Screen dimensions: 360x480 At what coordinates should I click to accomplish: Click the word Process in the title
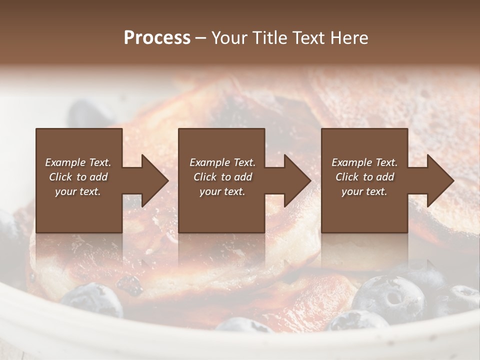click(157, 37)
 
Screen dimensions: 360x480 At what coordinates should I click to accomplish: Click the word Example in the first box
click(65, 162)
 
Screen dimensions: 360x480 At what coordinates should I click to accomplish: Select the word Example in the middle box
click(209, 162)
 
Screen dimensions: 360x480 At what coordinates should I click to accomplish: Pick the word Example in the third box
click(351, 162)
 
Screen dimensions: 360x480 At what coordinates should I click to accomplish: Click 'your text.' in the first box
click(78, 191)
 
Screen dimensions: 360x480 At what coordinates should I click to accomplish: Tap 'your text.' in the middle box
click(222, 191)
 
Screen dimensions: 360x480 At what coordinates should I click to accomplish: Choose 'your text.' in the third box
click(364, 191)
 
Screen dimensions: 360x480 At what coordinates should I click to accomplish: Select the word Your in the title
click(227, 37)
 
